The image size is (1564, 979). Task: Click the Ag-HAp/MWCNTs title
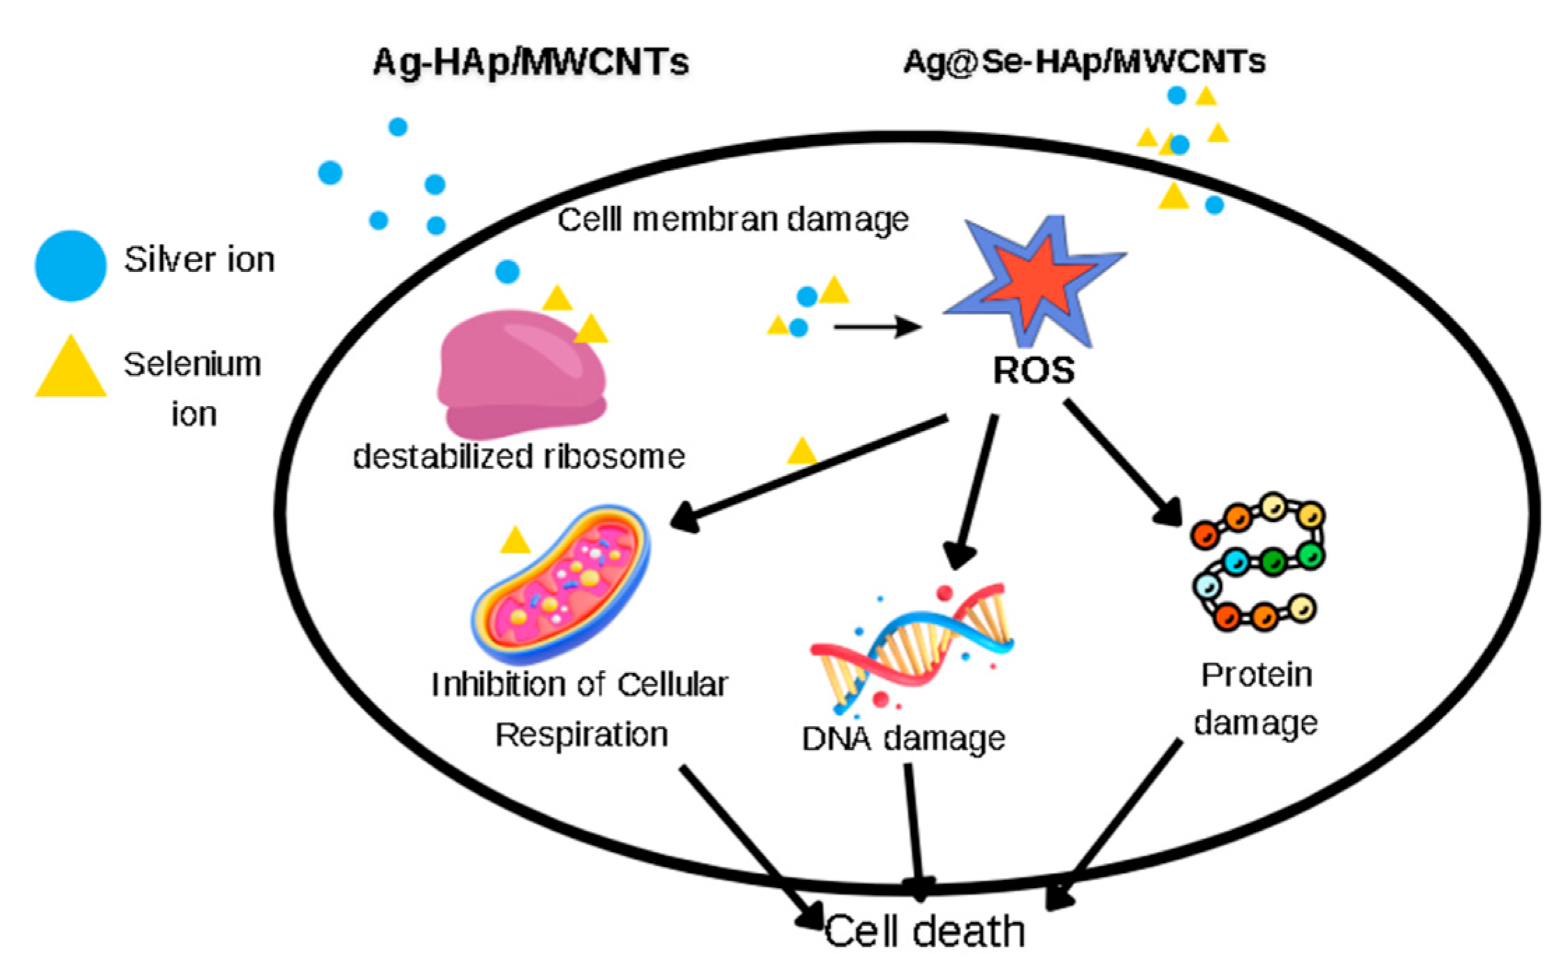point(530,62)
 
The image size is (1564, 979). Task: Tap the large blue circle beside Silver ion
point(71,266)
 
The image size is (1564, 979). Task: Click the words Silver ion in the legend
point(199,260)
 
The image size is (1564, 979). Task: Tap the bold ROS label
point(1033,370)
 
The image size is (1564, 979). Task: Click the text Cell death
point(924,931)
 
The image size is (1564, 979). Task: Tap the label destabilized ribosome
point(518,457)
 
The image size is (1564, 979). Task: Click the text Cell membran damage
point(732,219)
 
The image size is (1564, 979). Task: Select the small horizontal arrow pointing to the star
point(877,326)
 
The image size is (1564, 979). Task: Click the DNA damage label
point(902,739)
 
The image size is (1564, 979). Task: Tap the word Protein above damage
point(1256,675)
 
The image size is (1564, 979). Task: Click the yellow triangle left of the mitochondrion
point(516,540)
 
